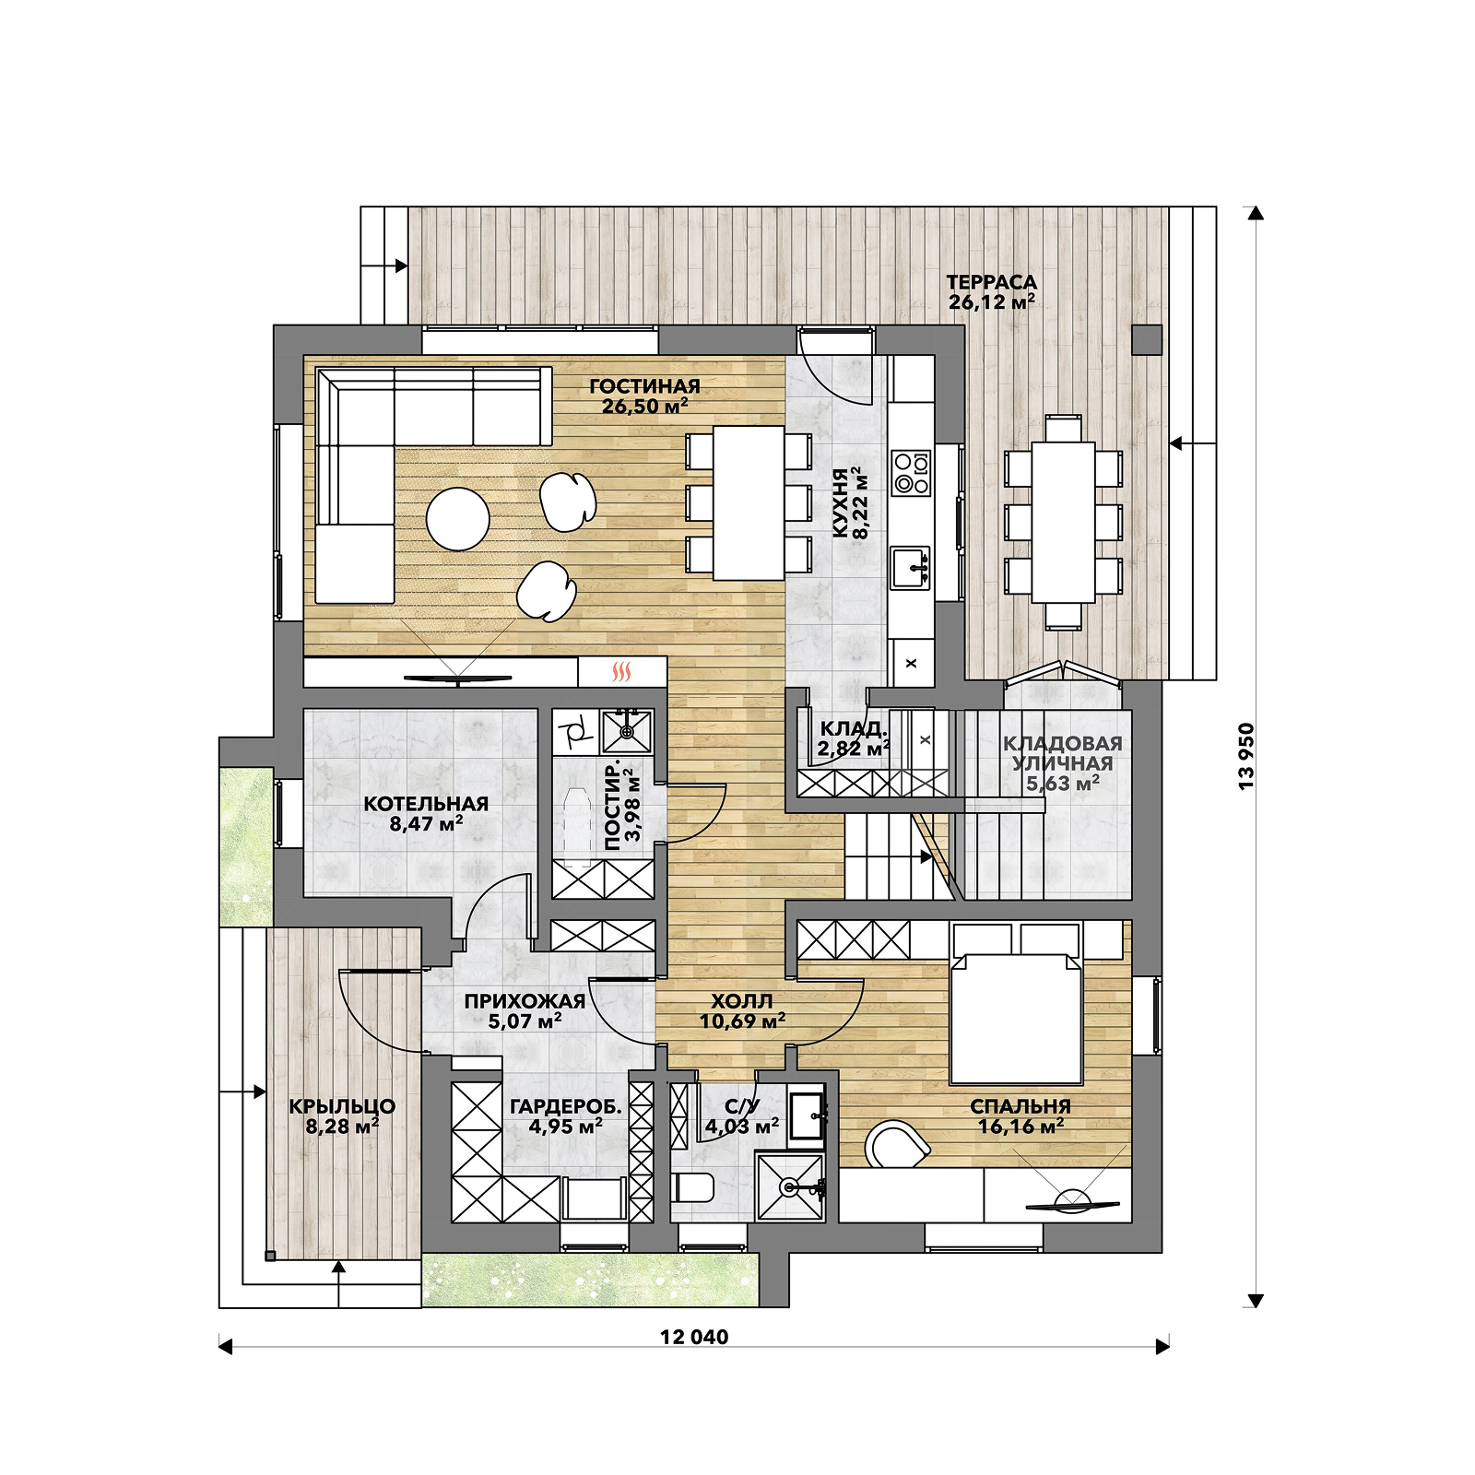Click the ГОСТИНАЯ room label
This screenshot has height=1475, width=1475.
click(644, 386)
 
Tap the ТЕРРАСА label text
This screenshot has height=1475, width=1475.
click(991, 282)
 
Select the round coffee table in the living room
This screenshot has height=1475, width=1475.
click(458, 518)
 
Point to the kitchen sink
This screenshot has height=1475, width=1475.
click(911, 568)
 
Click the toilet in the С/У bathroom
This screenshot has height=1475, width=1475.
click(693, 1187)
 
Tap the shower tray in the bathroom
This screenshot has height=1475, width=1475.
click(790, 1186)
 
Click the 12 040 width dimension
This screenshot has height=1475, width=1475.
click(694, 1337)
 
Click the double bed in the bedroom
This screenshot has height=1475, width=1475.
click(1015, 1019)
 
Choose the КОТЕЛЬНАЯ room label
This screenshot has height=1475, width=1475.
click(426, 804)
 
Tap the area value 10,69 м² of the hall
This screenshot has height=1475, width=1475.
click(742, 1021)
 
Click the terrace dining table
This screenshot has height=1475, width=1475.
click(1063, 523)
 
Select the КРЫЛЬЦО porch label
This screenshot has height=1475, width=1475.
click(342, 1106)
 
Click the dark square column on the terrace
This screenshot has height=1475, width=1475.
click(1147, 340)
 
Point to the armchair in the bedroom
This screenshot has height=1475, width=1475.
click(895, 1144)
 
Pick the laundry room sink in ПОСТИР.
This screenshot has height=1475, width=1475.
click(627, 731)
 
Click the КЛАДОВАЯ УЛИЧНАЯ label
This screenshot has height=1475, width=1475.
click(1063, 753)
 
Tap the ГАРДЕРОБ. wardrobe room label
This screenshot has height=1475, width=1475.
click(566, 1106)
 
